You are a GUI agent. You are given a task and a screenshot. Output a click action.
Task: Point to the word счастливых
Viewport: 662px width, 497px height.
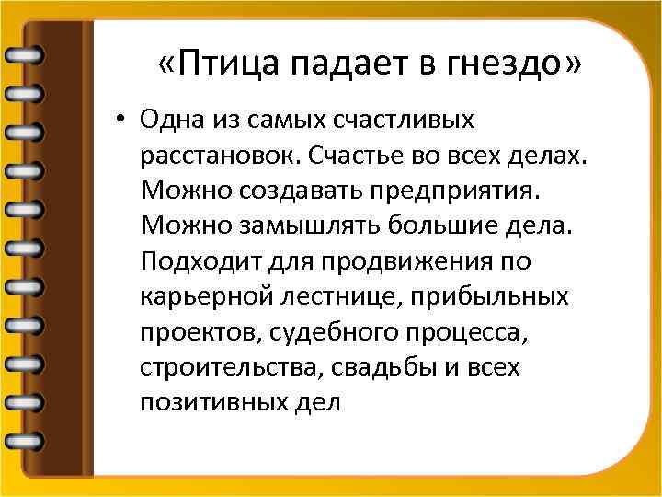[405, 121]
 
